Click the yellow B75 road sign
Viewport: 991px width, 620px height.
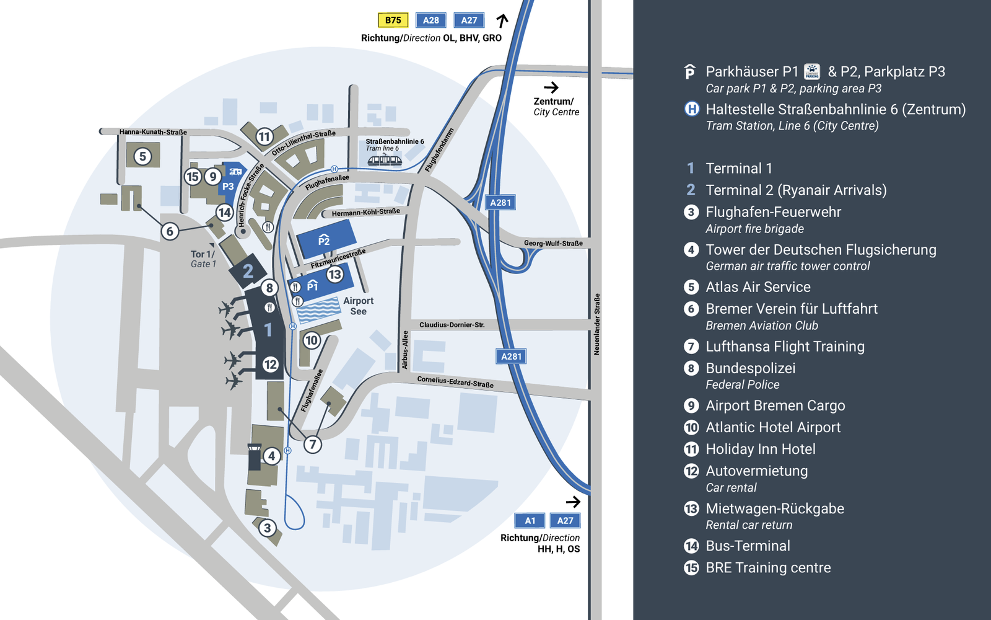coord(393,20)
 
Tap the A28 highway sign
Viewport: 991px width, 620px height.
coord(431,20)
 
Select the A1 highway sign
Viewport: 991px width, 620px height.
coord(530,521)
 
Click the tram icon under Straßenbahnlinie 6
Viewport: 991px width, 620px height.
coord(385,160)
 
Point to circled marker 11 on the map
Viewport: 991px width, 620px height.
coord(264,137)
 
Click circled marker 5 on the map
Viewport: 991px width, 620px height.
coord(142,156)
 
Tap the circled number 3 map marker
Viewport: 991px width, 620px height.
coord(267,528)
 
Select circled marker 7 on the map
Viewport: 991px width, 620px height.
coord(313,445)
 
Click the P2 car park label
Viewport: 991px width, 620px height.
coord(324,240)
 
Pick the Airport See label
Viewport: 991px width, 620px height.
coord(358,306)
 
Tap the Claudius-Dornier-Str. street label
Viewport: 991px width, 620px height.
coord(452,325)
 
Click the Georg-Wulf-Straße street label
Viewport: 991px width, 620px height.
coord(553,244)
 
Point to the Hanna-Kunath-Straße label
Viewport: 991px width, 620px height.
coord(153,132)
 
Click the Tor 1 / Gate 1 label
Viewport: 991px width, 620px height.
coord(203,259)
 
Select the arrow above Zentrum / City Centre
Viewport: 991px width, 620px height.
coord(551,87)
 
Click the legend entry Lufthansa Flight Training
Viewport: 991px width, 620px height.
coord(785,347)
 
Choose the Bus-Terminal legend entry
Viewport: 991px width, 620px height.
coord(748,546)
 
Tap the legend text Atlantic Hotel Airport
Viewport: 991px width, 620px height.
coord(773,428)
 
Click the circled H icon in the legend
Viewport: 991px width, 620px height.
coord(691,109)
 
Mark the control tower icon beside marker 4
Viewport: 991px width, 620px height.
coord(254,458)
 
